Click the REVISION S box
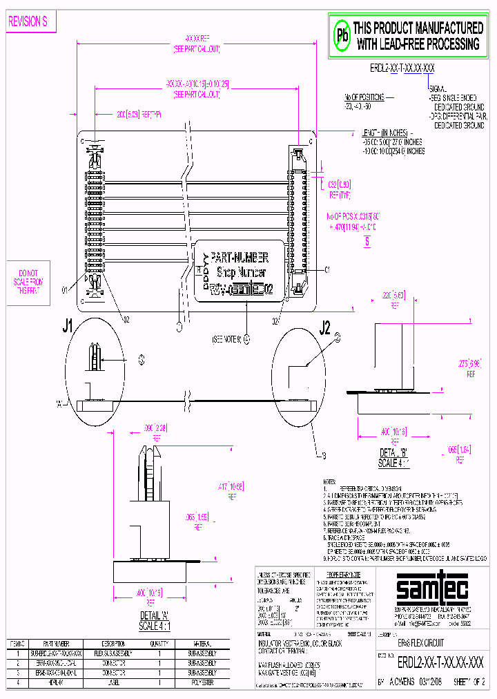coord(28,22)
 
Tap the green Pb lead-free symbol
coord(342,36)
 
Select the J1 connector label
coord(68,327)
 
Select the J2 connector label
coord(324,327)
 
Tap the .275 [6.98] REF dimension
coord(471,365)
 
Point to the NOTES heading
coord(331,481)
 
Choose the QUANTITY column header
coord(159,643)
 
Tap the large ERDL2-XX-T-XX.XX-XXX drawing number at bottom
coord(440,662)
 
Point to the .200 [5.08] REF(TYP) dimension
coord(139,115)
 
